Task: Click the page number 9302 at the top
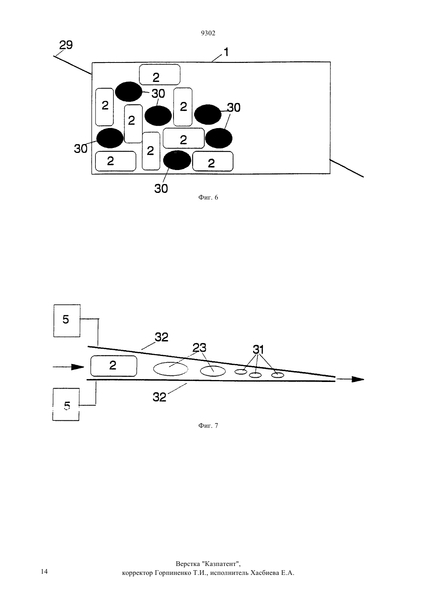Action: tap(208, 33)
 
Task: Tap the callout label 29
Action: tap(66, 45)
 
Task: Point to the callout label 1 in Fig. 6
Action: tap(226, 52)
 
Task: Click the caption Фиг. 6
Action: tap(208, 197)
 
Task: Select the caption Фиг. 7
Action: tap(208, 425)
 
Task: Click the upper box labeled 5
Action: tap(67, 321)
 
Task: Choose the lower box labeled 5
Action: tap(66, 404)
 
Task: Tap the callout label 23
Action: tap(200, 347)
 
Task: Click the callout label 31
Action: tap(258, 349)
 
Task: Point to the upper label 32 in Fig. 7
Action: tap(161, 337)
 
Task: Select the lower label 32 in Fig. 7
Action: tap(159, 397)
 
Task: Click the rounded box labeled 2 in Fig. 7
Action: tap(114, 366)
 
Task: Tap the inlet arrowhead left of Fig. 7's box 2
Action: tap(78, 367)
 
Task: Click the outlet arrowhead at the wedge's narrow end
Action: tap(358, 379)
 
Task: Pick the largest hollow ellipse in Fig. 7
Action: tap(171, 369)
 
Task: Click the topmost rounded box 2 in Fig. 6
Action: tap(160, 75)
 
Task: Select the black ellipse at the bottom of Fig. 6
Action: tap(177, 160)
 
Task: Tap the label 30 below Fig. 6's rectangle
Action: tap(161, 189)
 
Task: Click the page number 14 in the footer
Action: tap(44, 571)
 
